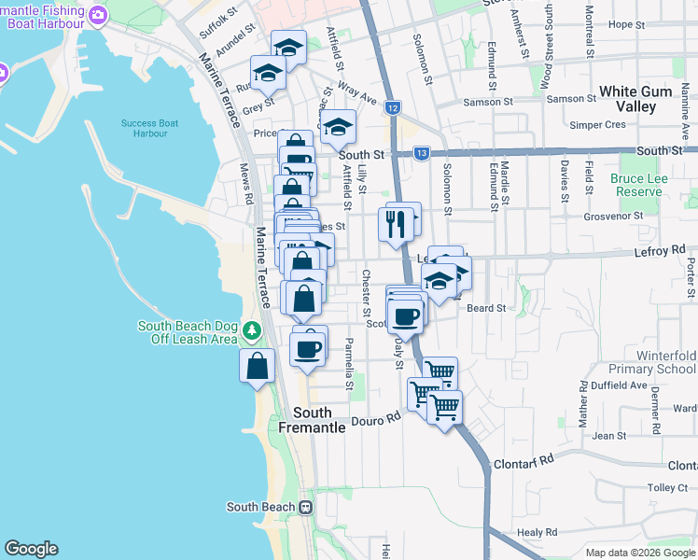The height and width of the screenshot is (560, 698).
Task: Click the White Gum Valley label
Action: (640, 98)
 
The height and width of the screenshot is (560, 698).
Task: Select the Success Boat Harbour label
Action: (149, 128)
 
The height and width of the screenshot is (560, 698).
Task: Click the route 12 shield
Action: (393, 108)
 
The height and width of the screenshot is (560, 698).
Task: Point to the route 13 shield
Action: (421, 152)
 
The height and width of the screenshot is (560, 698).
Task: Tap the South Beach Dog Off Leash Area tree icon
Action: (251, 331)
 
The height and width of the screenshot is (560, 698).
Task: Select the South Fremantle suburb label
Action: (312, 419)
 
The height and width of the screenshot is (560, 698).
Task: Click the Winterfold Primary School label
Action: (666, 362)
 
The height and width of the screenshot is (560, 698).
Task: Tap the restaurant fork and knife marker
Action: (396, 224)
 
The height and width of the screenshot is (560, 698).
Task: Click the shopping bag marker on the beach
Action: (258, 366)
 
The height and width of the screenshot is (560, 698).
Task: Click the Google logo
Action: (31, 549)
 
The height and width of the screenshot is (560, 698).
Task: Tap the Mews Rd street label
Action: (245, 184)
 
